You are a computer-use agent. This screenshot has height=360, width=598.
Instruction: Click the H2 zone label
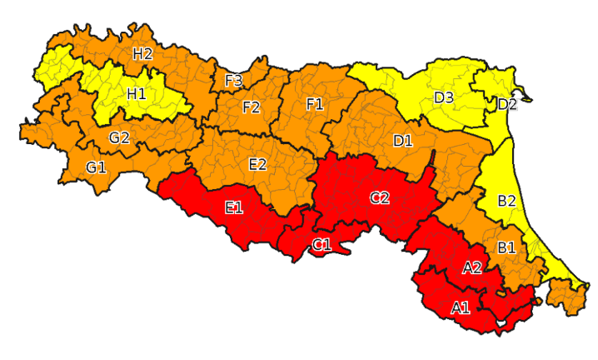pyautogui.click(x=142, y=53)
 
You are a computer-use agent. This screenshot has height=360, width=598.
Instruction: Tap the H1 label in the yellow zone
pyautogui.click(x=137, y=94)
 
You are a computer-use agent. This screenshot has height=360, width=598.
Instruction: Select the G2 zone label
pyautogui.click(x=119, y=137)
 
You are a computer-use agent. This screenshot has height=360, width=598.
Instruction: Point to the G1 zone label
pyautogui.click(x=96, y=167)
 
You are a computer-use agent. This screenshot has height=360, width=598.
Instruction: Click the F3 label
pyautogui.click(x=234, y=81)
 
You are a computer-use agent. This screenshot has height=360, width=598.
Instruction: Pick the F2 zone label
pyautogui.click(x=252, y=107)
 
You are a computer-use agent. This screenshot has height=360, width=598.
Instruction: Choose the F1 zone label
pyautogui.click(x=314, y=104)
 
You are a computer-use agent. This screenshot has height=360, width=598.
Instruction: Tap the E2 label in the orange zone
pyautogui.click(x=257, y=164)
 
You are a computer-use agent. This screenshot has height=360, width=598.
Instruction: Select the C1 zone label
pyautogui.click(x=321, y=244)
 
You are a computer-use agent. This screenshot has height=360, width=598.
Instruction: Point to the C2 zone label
pyautogui.click(x=380, y=197)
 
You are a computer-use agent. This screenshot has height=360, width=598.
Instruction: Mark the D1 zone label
pyautogui.click(x=403, y=140)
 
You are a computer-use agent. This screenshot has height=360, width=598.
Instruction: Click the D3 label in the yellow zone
pyautogui.click(x=443, y=97)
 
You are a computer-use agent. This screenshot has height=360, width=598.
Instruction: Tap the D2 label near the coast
pyautogui.click(x=507, y=104)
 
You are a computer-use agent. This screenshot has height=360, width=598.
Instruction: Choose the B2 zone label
pyautogui.click(x=506, y=201)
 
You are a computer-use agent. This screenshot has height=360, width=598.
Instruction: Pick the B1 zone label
pyautogui.click(x=506, y=247)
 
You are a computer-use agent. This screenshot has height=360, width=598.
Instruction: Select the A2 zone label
pyautogui.click(x=471, y=267)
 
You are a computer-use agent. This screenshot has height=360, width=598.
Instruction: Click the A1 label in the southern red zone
pyautogui.click(x=461, y=307)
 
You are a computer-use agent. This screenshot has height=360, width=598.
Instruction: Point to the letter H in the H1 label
pyautogui.click(x=132, y=94)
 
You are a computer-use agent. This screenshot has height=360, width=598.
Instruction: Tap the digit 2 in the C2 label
pyautogui.click(x=385, y=197)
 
